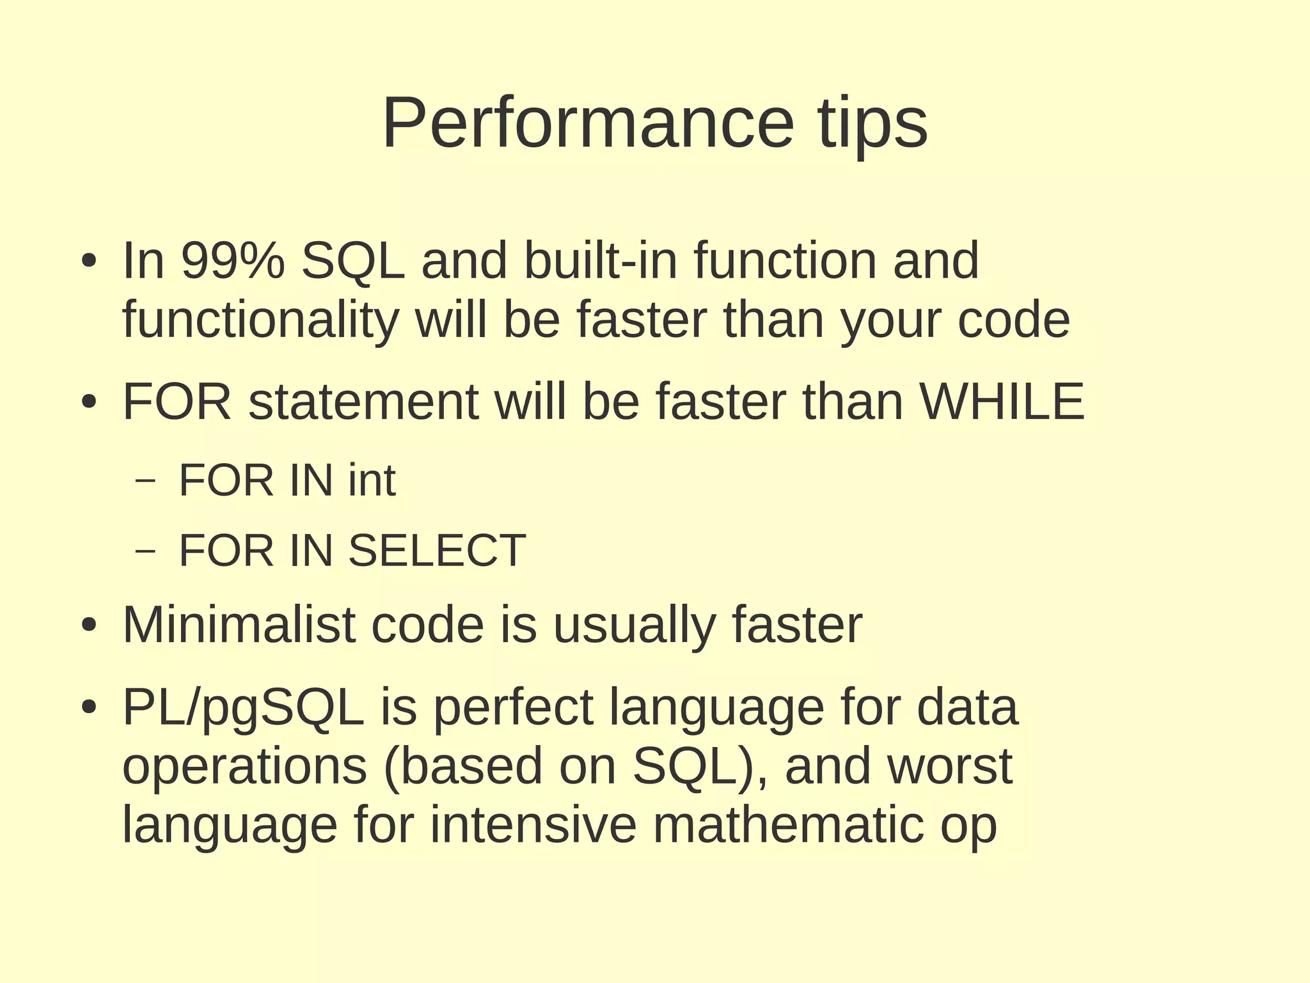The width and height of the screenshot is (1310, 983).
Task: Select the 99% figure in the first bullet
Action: (x=233, y=261)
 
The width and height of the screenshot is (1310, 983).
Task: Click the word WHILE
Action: (x=1002, y=402)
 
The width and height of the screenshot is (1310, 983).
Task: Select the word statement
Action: (x=363, y=402)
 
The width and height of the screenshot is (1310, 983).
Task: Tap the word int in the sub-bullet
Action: (x=372, y=480)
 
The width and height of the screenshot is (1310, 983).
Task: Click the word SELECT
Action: (x=437, y=551)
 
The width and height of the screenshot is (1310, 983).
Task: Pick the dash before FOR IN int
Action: (x=146, y=481)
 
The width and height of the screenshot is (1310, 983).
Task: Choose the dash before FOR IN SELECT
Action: (x=146, y=551)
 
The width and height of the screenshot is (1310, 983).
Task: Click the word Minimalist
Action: (x=239, y=625)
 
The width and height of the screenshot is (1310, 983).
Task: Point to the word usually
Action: (x=634, y=625)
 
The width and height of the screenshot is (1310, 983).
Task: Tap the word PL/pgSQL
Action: (x=243, y=709)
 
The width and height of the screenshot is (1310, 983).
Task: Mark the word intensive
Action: (x=533, y=825)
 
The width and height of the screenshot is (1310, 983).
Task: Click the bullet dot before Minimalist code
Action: (x=89, y=625)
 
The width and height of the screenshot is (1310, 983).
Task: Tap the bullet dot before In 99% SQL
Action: (x=89, y=262)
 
